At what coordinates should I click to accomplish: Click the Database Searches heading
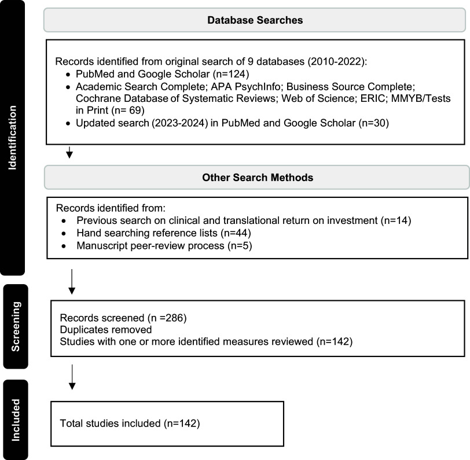(255, 20)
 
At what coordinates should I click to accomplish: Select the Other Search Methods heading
(258, 178)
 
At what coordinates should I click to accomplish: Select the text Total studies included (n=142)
(130, 424)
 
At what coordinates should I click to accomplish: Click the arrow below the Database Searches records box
(70, 153)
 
